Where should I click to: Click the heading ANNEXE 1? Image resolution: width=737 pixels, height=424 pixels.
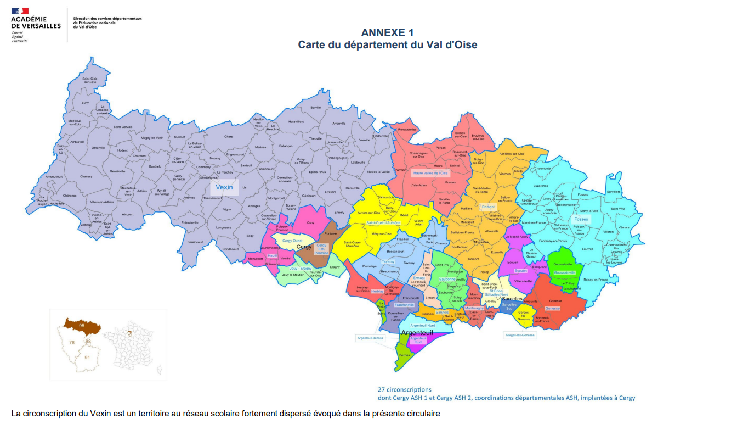388,32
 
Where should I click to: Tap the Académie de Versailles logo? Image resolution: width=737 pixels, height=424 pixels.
35,25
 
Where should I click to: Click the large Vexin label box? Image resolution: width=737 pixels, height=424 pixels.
224,187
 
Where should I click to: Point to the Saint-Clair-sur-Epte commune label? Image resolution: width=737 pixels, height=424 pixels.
89,80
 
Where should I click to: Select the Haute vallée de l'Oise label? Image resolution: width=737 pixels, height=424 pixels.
430,173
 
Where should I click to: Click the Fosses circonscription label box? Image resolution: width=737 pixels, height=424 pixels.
581,219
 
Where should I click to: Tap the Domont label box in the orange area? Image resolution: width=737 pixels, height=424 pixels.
487,207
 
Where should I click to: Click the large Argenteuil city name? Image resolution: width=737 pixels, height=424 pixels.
417,333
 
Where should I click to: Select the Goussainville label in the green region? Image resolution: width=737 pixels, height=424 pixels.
565,272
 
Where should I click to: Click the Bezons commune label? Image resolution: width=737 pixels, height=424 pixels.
405,355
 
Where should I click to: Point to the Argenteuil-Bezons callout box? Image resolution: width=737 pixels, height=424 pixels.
370,338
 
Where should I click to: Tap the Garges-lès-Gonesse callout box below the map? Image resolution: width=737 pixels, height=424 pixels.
519,334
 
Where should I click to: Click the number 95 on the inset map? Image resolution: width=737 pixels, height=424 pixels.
81,326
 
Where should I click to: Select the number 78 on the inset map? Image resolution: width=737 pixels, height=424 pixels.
71,342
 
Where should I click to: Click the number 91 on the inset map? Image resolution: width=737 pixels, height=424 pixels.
87,358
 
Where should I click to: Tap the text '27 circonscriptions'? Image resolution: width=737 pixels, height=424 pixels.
405,389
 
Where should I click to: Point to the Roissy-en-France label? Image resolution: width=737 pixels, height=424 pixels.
596,280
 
